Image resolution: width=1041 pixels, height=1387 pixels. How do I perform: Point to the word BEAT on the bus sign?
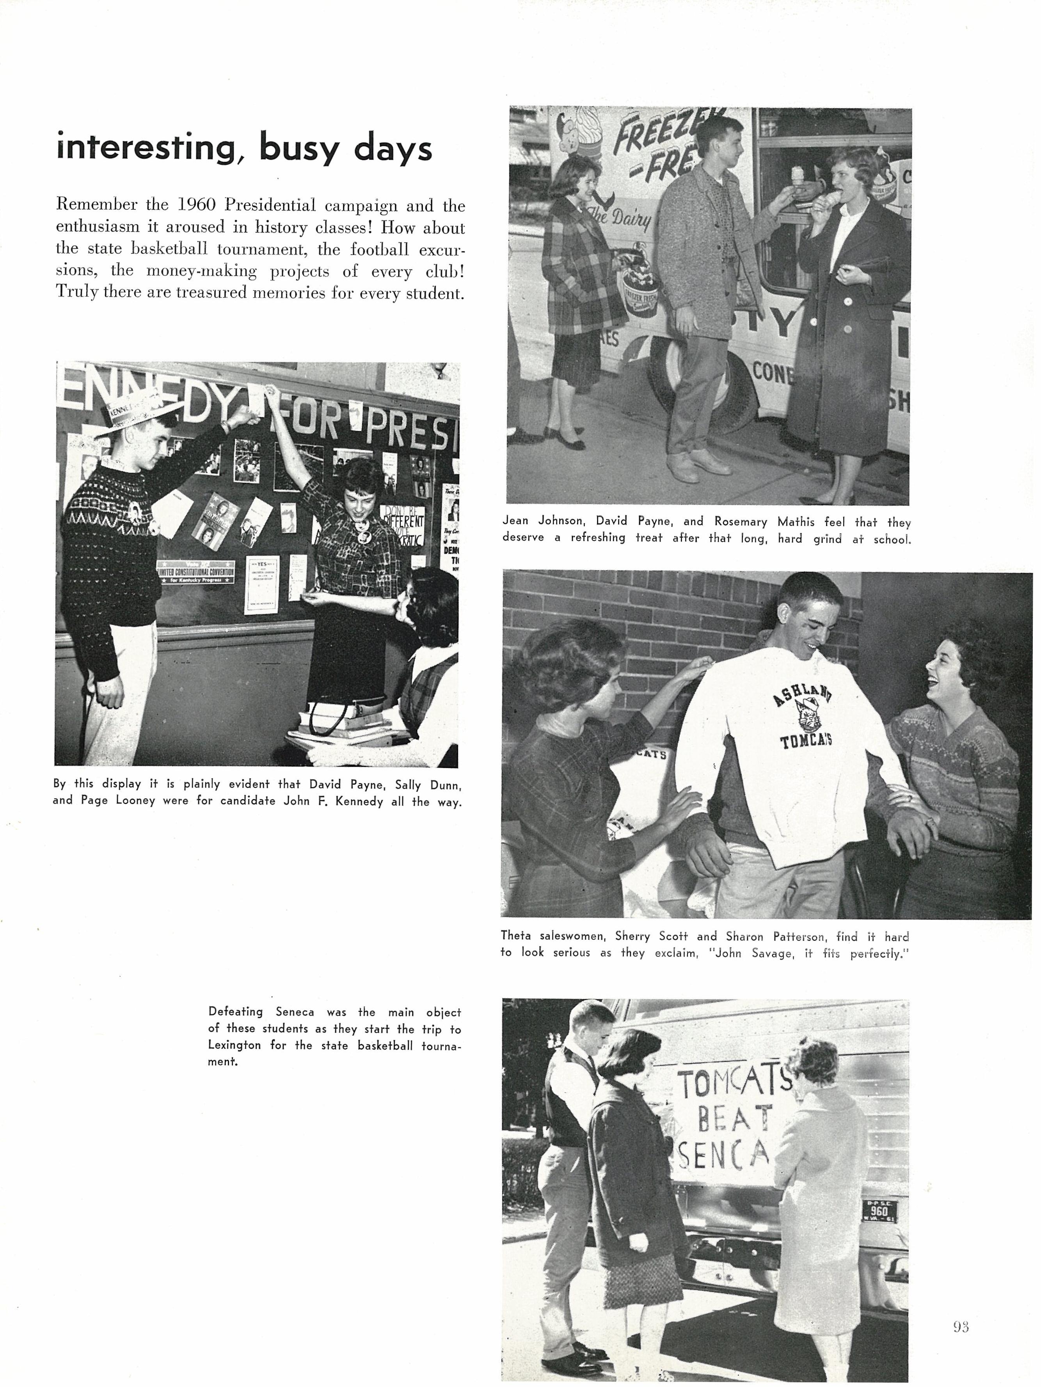pyautogui.click(x=734, y=1118)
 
